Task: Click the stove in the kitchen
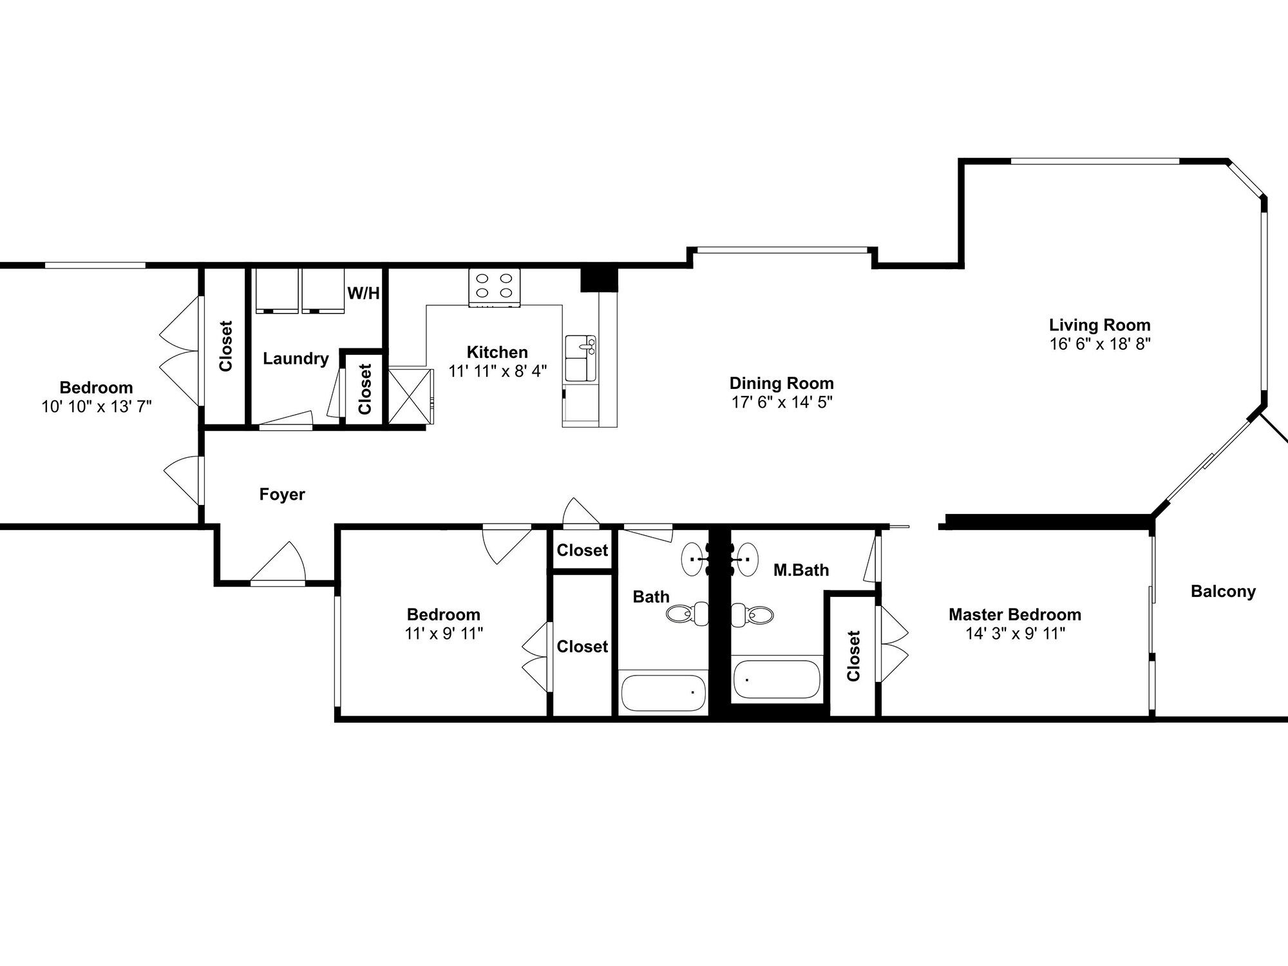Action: click(x=495, y=287)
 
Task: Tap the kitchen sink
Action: click(x=581, y=358)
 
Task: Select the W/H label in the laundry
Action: click(x=364, y=294)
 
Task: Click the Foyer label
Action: click(x=282, y=495)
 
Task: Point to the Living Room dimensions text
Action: click(x=1100, y=344)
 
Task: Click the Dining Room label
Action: click(x=782, y=383)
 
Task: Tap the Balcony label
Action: click(x=1224, y=591)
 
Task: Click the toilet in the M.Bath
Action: click(x=752, y=615)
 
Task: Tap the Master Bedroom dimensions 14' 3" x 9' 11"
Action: click(x=1015, y=634)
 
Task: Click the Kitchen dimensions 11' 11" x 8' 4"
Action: click(x=498, y=372)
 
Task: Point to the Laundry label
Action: click(x=296, y=359)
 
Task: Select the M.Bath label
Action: click(x=801, y=570)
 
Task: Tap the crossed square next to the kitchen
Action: click(x=407, y=395)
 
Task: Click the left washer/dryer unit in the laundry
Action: click(x=277, y=290)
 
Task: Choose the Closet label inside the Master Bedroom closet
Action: click(x=854, y=656)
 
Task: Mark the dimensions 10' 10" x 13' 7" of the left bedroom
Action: click(x=97, y=407)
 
